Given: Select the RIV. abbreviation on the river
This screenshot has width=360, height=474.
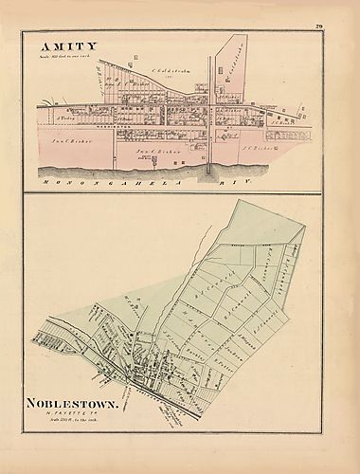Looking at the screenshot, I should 285,175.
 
